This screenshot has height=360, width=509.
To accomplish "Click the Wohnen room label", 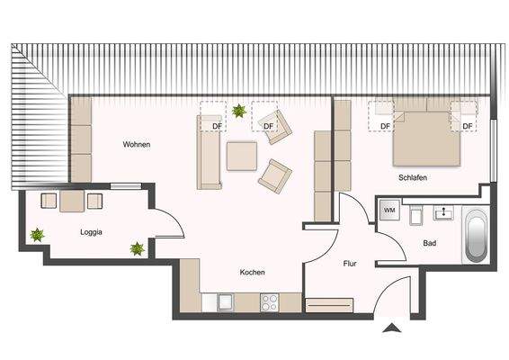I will point(138,145).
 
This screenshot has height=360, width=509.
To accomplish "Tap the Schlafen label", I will point(413,178).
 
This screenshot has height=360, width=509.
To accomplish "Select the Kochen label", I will point(252,272).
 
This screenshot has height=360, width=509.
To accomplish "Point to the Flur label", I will point(351,264).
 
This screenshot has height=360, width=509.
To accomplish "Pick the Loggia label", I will point(91,232).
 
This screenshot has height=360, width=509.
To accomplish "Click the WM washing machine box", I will point(389,210).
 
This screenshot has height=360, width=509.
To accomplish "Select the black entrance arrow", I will point(391,328).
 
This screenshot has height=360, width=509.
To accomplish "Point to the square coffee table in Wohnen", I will point(242,157).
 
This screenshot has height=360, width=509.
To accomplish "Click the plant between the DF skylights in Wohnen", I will point(239,112).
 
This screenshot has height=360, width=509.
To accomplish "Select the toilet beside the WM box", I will point(415,214).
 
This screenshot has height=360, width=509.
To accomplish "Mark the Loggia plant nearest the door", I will point(137,247).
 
